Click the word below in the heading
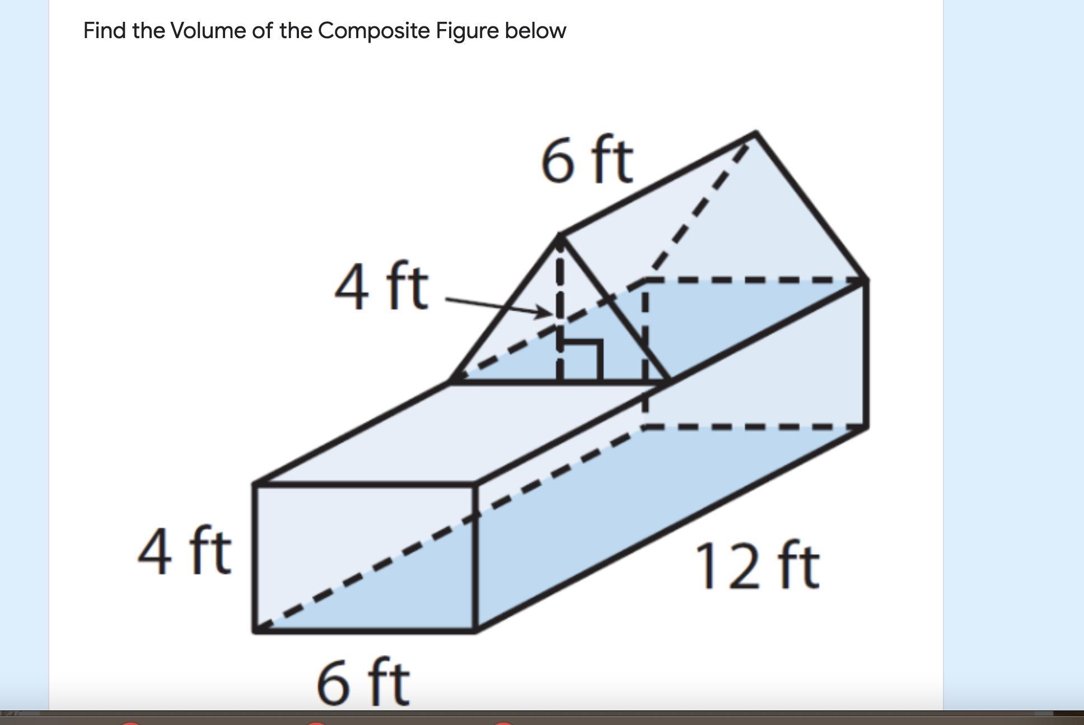point(535,30)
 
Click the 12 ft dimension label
point(757,567)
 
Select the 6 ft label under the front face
point(363,681)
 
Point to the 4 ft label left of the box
point(184,552)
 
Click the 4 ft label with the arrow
point(381,287)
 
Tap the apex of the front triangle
point(560,236)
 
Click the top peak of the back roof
point(756,133)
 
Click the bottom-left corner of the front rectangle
point(255,630)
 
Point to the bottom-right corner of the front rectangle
point(475,630)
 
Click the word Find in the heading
point(105,30)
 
